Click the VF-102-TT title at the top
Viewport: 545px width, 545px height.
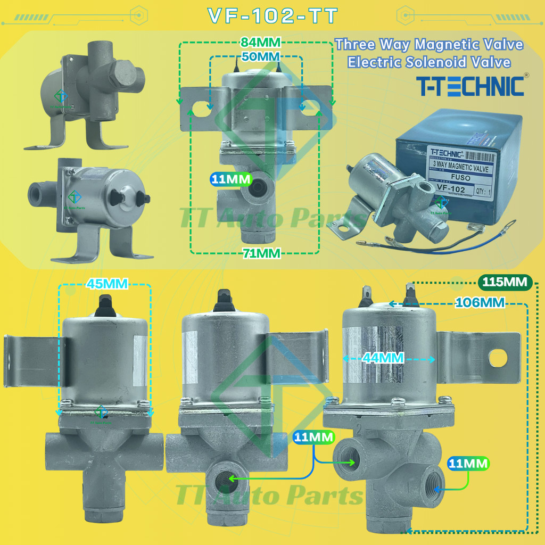coord(272,16)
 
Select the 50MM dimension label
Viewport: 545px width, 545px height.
coord(261,56)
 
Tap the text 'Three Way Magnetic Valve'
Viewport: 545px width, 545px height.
coord(429,45)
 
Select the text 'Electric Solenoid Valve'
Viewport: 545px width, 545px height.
coord(429,62)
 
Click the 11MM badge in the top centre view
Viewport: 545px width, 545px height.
coord(229,179)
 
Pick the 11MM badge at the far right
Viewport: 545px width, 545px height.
coord(468,464)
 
